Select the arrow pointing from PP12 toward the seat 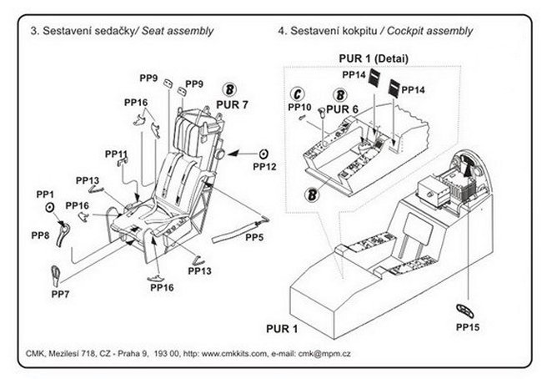(x=241, y=153)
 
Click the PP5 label (x=254, y=238)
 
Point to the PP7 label (x=60, y=295)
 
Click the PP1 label (x=45, y=194)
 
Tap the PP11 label (x=116, y=154)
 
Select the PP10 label (x=299, y=108)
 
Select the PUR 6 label (x=343, y=109)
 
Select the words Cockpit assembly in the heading (x=429, y=31)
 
